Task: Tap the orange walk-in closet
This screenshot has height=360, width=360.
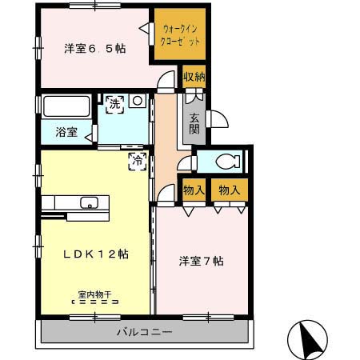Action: (181, 34)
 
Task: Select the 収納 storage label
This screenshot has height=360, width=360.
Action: (194, 78)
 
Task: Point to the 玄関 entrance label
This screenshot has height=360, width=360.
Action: (194, 124)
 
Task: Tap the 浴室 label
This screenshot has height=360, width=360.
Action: (66, 133)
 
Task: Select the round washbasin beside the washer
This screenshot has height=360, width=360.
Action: (137, 102)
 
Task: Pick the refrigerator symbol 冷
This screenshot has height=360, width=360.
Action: (137, 160)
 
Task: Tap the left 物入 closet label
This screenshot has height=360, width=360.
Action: (194, 190)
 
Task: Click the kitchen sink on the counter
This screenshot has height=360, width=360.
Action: (89, 201)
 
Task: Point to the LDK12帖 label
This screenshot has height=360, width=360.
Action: (96, 254)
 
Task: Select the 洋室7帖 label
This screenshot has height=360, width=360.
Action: (201, 262)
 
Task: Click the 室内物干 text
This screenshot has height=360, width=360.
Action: (94, 294)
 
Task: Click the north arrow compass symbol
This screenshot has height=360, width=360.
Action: (307, 338)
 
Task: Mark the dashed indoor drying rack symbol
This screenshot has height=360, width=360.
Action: (95, 303)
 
